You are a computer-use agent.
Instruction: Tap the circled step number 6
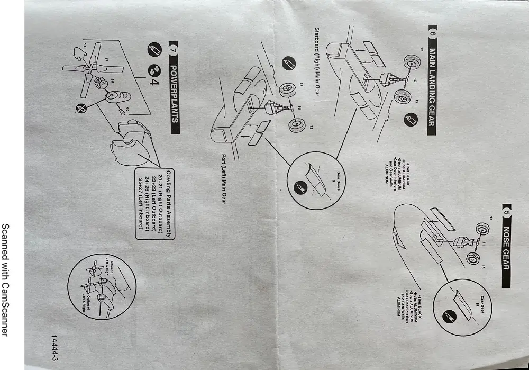pos(432,33)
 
